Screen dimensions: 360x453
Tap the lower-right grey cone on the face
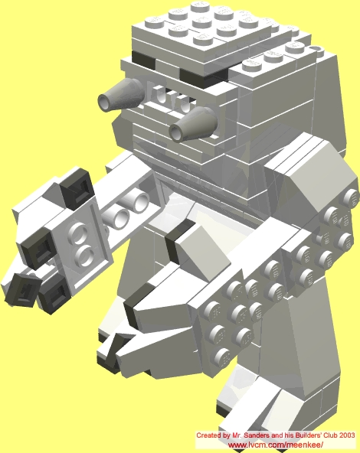click(x=192, y=125)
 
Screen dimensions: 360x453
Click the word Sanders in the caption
click(x=256, y=435)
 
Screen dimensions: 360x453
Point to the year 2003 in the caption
click(x=347, y=435)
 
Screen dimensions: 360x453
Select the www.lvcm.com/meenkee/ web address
click(x=276, y=445)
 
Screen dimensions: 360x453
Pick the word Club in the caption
click(x=332, y=435)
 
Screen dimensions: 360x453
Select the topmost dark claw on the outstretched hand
click(x=77, y=187)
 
